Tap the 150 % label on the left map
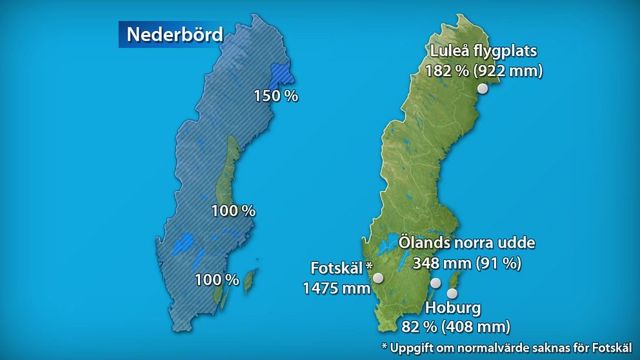[x=275, y=96]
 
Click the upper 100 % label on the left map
[x=234, y=211]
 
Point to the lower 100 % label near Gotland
[x=217, y=280]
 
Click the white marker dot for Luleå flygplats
[x=482, y=90]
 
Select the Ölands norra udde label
[x=466, y=244]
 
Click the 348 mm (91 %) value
[x=466, y=263]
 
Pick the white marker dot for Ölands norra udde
[x=435, y=283]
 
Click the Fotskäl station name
[x=336, y=268]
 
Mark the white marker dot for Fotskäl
[x=378, y=277]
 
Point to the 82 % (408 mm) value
[x=455, y=326]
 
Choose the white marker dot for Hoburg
[x=452, y=294]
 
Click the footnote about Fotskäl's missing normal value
[x=506, y=346]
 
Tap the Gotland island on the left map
[x=249, y=281]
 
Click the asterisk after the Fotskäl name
[x=369, y=265]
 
